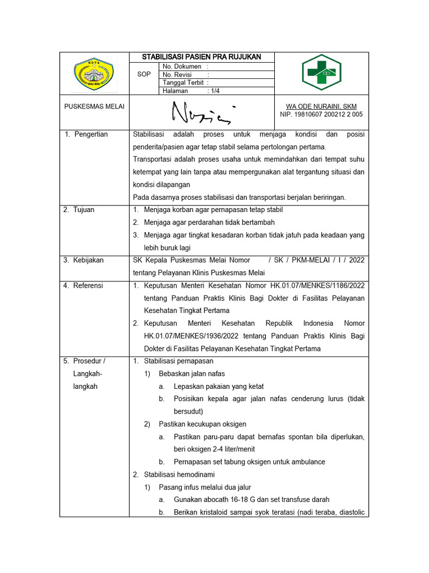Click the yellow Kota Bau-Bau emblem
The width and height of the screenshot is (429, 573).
(94, 73)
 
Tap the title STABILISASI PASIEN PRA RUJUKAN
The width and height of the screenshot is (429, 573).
(201, 57)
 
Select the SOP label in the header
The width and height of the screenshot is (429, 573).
(144, 74)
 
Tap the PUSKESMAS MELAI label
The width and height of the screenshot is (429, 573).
(94, 106)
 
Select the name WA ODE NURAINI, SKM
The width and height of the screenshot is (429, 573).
(321, 106)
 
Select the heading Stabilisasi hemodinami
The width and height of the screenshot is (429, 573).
(175, 475)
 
